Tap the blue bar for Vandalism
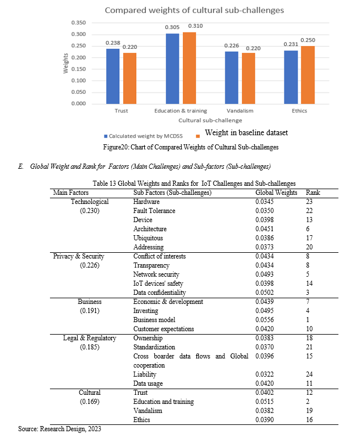point(231,78)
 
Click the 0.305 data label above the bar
point(171,27)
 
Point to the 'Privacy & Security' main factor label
point(77,256)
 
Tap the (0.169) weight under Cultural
point(89,402)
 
